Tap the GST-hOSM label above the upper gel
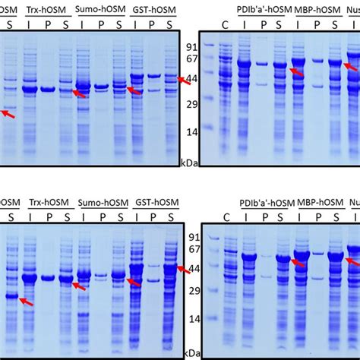152,10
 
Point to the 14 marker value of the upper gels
192,132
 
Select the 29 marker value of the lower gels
192,289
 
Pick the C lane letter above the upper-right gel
225,24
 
